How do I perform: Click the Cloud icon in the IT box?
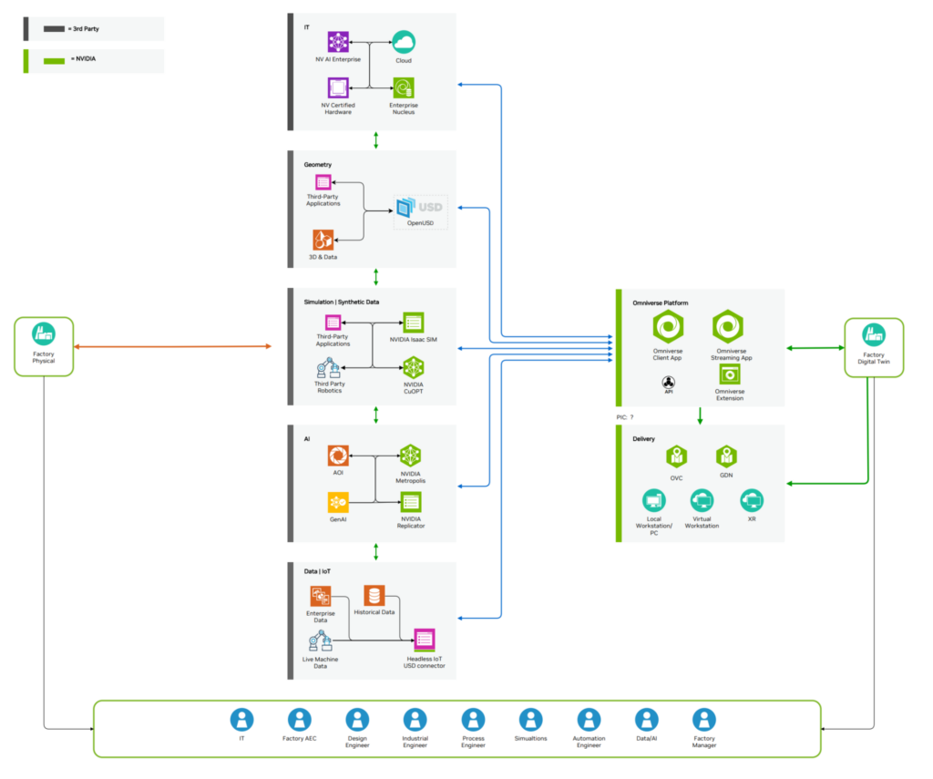(403, 42)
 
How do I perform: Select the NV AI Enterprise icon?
(338, 42)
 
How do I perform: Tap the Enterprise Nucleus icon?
(403, 88)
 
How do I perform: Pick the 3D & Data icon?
(323, 240)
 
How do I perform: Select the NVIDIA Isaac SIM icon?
(413, 323)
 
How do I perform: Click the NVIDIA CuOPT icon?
(413, 367)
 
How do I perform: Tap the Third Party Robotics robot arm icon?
(327, 367)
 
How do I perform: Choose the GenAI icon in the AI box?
(338, 502)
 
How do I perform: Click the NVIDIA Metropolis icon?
(411, 456)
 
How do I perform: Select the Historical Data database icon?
(374, 596)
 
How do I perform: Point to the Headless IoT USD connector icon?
(424, 639)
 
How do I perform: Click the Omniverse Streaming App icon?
(728, 326)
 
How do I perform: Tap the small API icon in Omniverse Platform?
(668, 382)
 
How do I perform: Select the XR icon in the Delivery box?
(751, 500)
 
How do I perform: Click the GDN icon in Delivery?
(726, 455)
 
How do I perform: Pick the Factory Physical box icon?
(43, 333)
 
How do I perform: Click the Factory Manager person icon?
(703, 720)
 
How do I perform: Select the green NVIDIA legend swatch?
(55, 61)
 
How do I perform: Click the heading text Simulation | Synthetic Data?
(341, 302)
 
